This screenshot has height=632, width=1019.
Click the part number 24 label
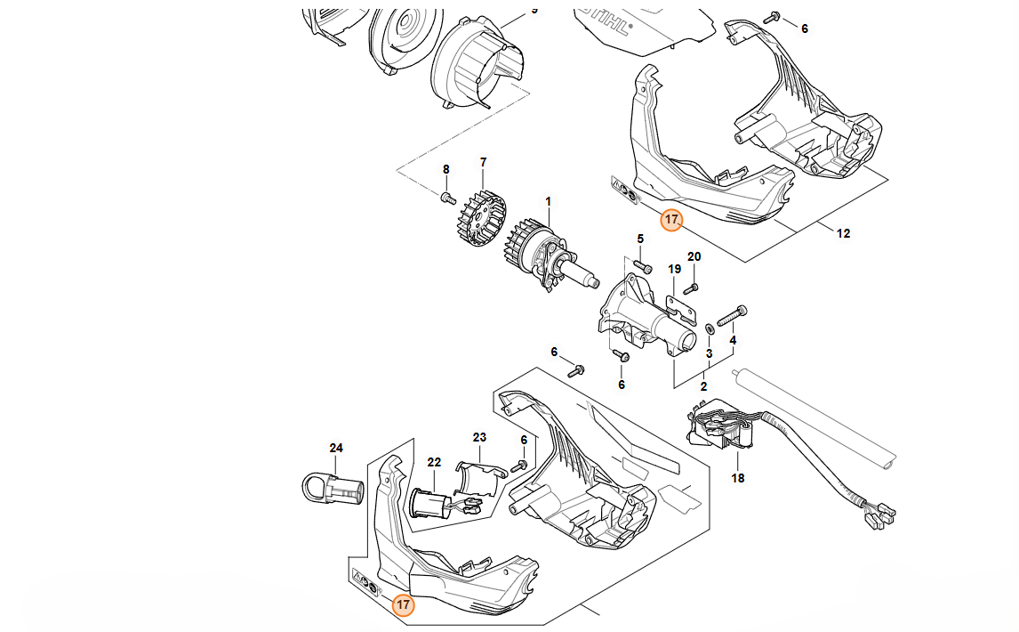pos(336,448)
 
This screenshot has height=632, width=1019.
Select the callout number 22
pos(434,462)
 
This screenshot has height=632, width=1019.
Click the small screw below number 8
pos(448,195)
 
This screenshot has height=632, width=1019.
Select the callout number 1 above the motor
pos(549,202)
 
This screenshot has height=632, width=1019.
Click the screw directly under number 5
pos(644,266)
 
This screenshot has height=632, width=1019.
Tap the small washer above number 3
pos(709,329)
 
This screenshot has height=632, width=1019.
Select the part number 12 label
pos(843,234)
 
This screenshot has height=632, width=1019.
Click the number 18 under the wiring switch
pos(738,478)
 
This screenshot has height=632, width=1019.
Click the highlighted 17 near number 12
pos(671,219)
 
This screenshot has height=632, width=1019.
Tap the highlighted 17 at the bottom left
pos(403,605)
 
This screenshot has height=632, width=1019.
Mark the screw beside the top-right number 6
pos(774,18)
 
